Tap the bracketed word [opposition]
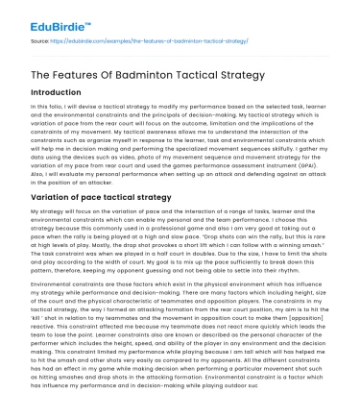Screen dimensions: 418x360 tap(313, 318)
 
